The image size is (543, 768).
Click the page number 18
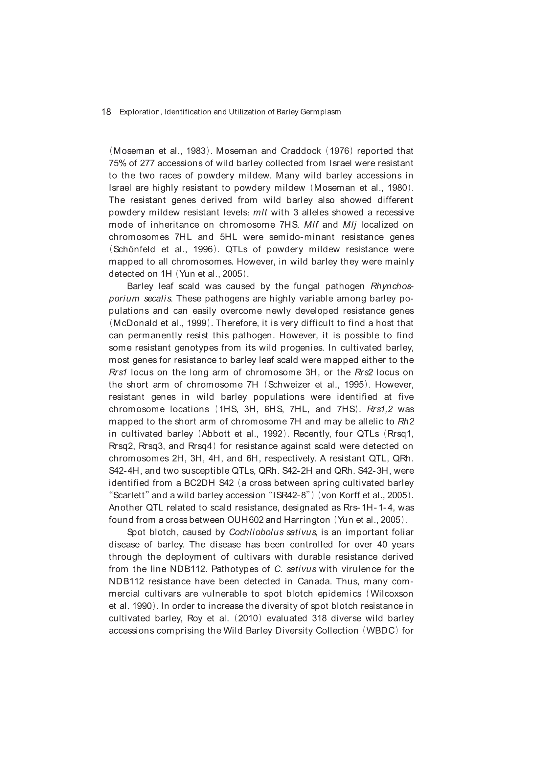pos(106,112)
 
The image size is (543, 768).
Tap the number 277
pos(147,163)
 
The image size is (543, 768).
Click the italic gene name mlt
pos(260,213)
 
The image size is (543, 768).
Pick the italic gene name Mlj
pos(350,225)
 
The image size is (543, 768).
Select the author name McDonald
pos(133,323)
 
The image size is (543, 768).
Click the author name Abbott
pos(216,434)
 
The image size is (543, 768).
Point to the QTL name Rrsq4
pos(199,446)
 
